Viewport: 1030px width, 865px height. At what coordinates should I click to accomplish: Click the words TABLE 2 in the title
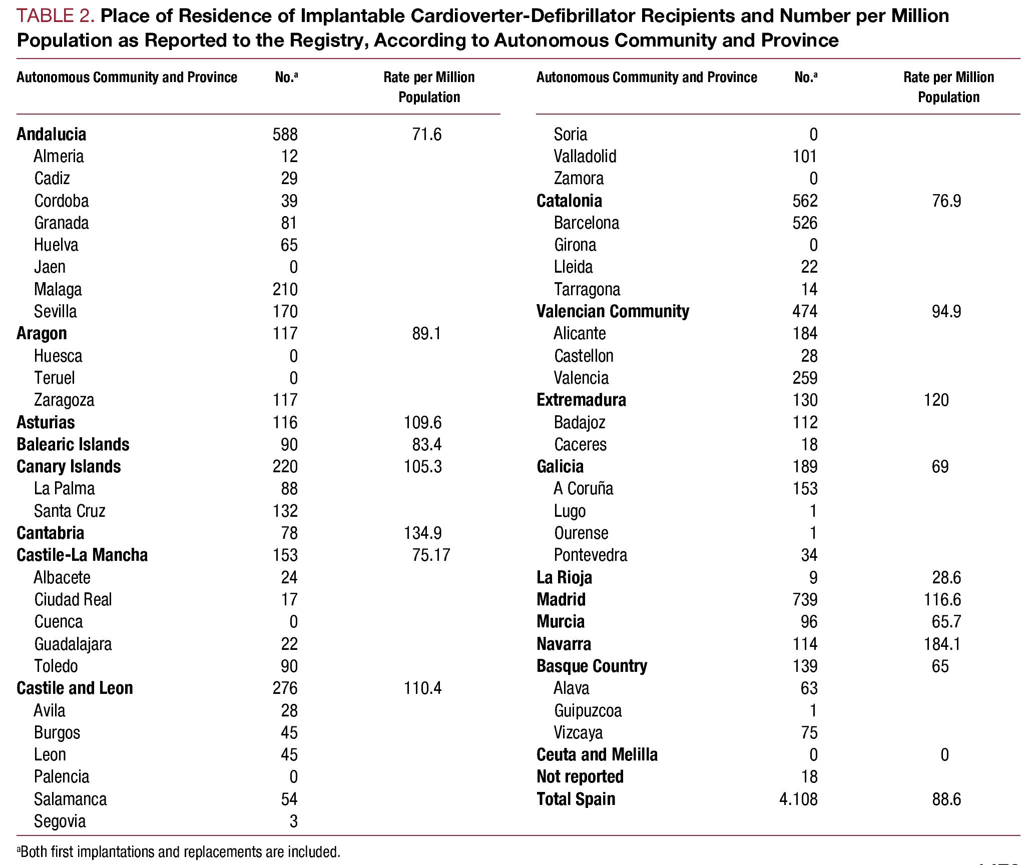[55, 17]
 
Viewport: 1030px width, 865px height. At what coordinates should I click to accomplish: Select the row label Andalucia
[51, 134]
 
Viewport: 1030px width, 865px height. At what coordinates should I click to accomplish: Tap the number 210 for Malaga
[285, 289]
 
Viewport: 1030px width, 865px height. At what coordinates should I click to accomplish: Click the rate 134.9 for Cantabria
[422, 533]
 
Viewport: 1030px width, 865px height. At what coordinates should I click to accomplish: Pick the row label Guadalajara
[73, 644]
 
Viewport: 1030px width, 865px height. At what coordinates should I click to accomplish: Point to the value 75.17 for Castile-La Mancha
[431, 555]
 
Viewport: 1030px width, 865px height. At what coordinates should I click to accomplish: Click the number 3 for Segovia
[293, 821]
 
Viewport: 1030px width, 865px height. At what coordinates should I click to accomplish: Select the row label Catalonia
[569, 201]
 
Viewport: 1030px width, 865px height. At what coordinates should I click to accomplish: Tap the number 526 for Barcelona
[805, 223]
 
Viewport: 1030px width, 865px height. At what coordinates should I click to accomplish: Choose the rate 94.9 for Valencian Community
[946, 311]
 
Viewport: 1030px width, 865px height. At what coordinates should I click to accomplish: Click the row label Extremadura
[581, 400]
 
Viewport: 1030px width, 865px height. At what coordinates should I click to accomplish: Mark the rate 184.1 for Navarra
[942, 644]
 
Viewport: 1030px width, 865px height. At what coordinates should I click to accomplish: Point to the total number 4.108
[798, 799]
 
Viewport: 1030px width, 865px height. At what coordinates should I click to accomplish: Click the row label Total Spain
[576, 799]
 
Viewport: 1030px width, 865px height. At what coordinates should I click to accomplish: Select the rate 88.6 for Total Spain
[946, 799]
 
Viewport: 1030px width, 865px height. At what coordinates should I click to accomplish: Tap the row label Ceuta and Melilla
[597, 754]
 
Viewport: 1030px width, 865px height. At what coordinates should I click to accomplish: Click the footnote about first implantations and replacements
[179, 851]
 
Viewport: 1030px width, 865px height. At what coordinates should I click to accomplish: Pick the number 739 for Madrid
[805, 599]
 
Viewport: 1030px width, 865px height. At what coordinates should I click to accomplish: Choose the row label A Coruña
[583, 488]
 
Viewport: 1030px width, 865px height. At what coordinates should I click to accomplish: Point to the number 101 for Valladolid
[805, 156]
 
